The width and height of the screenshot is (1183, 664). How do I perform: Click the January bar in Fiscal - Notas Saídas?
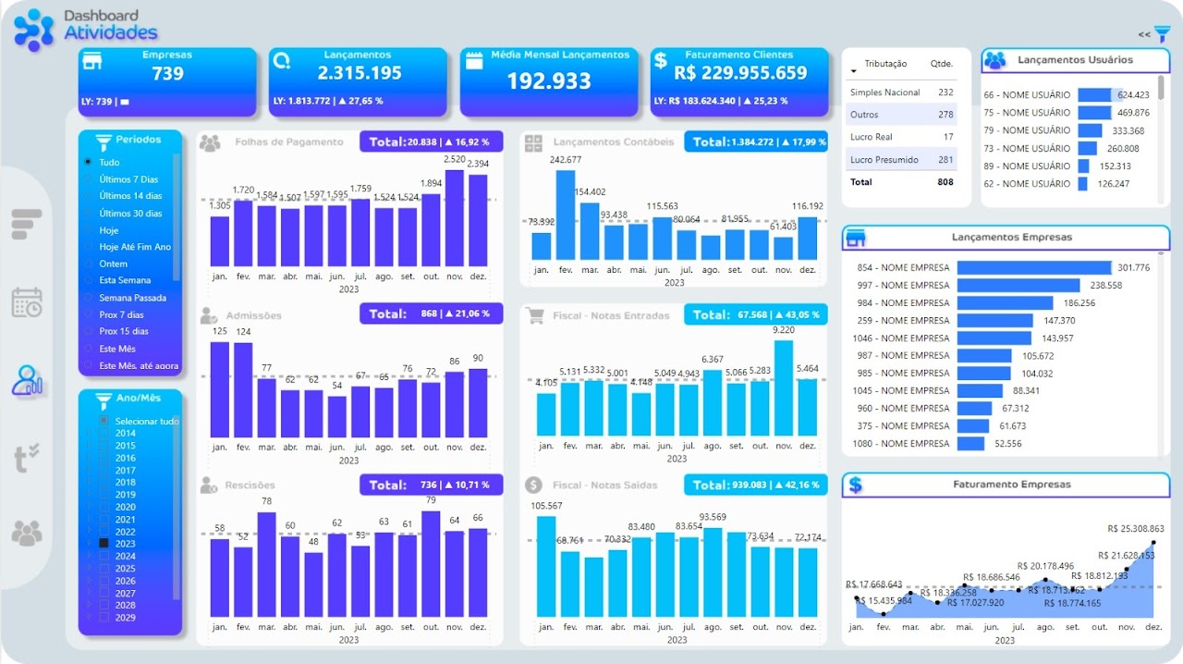point(546,566)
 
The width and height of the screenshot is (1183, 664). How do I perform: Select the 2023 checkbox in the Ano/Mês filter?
point(104,544)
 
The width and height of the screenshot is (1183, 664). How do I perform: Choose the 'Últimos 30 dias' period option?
point(130,214)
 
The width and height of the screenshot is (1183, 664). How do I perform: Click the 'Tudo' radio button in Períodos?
point(88,162)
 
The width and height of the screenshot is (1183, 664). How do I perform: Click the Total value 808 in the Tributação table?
point(945,182)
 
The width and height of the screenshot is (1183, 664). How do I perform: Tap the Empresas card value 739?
point(167,74)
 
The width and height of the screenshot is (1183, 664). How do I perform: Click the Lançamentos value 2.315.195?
point(360,74)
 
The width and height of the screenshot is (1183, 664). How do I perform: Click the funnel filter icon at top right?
point(1162,33)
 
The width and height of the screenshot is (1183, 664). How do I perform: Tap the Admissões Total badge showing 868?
point(431,314)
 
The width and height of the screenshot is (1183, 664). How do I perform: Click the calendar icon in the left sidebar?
point(27,302)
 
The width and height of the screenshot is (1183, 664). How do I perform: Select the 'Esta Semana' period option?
point(126,280)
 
